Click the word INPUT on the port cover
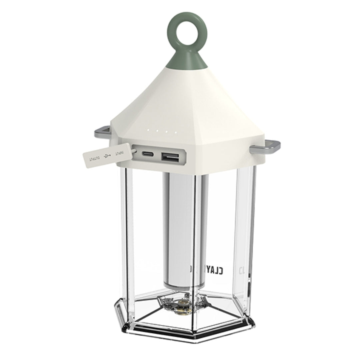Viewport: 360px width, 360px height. coord(119,153)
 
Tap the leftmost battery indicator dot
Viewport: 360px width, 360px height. coord(149,130)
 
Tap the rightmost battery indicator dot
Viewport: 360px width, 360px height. coord(176,133)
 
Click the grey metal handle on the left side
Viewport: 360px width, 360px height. coord(102,133)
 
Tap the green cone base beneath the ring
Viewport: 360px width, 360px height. coord(187,60)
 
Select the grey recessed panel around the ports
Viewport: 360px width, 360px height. coord(158,155)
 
